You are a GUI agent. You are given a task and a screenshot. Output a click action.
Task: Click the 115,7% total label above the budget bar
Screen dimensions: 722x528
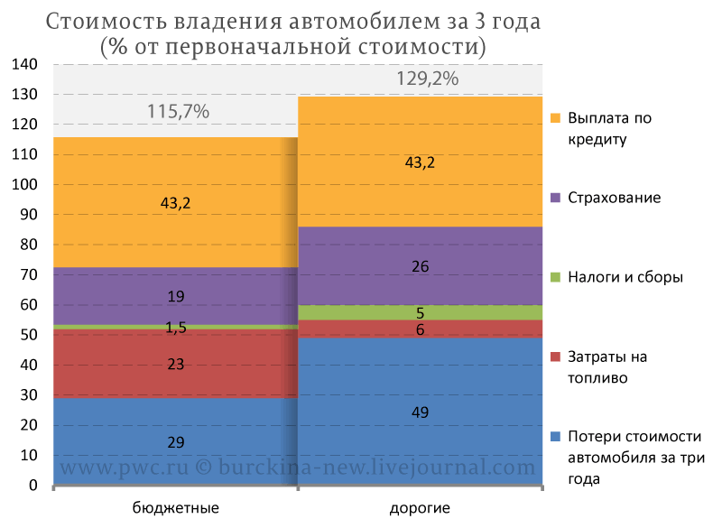coord(178,111)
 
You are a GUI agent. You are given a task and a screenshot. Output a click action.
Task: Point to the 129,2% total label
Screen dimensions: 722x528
coord(427,79)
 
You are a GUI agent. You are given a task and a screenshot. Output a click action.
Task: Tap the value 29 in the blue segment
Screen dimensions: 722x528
coord(176,442)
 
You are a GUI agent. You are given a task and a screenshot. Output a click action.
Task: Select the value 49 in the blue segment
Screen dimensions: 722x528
coord(420,412)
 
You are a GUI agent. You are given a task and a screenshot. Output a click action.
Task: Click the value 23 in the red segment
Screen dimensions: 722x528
coord(176,364)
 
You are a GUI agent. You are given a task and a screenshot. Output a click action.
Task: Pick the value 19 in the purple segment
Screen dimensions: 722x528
coord(176,296)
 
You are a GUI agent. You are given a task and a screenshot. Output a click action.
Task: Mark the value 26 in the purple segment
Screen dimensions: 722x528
coord(420,266)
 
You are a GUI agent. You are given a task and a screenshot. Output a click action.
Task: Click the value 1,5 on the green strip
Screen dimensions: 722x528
coord(176,328)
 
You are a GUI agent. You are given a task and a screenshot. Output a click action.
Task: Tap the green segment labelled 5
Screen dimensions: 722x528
coord(420,312)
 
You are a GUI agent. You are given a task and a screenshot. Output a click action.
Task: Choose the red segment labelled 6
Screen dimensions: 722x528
coord(420,329)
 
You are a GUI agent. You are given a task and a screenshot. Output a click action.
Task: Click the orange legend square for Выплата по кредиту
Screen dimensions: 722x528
coord(556,118)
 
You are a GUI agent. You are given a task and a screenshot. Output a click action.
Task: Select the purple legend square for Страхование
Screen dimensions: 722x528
coord(556,198)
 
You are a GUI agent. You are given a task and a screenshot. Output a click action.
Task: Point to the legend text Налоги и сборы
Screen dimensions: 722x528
coord(625,277)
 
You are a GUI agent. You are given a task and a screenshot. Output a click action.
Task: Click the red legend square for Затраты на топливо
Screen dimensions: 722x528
coord(556,357)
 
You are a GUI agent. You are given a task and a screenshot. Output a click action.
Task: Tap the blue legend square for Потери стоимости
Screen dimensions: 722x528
coord(556,437)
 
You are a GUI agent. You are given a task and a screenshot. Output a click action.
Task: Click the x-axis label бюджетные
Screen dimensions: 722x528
coord(175,508)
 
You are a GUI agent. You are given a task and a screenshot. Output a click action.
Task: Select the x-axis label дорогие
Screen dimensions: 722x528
coord(420,508)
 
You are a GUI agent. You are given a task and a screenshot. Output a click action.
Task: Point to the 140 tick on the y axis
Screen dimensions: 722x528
coord(25,64)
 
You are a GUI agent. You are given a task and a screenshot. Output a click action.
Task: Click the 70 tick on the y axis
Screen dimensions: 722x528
coord(29,274)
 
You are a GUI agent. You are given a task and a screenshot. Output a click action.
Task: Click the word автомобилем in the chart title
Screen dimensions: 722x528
coord(365,22)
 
